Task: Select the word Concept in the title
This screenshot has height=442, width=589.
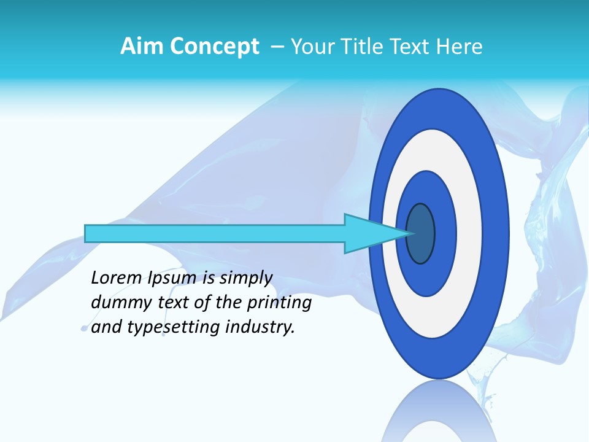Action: pos(214,47)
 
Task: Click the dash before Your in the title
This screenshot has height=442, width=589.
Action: pos(277,47)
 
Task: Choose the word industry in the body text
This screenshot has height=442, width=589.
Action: pos(260,327)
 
